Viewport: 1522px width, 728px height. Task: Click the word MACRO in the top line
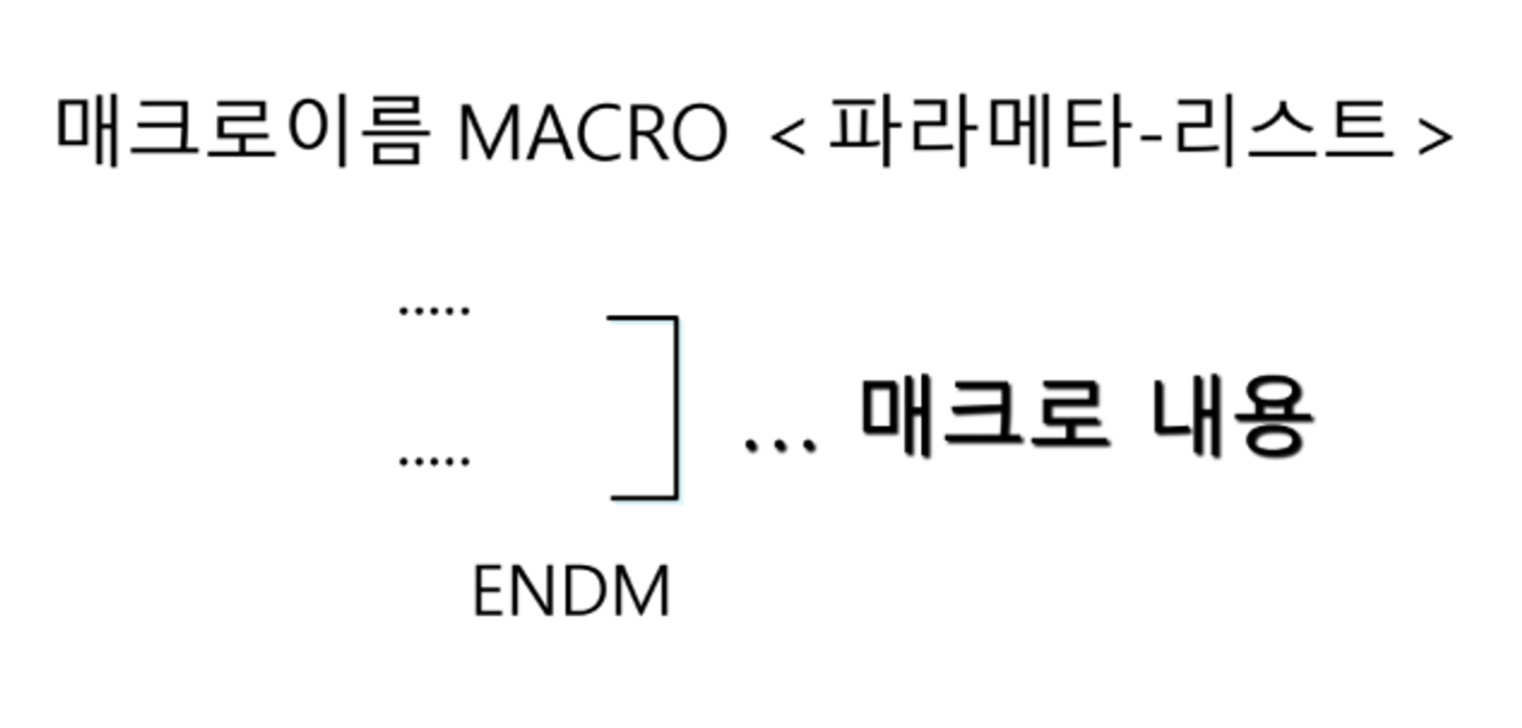tap(593, 132)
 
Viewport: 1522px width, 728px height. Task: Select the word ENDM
tap(571, 592)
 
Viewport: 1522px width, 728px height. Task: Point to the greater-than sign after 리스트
tap(1434, 138)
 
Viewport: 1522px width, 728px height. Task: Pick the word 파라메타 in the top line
tap(981, 132)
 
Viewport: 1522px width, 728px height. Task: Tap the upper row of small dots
tap(434, 310)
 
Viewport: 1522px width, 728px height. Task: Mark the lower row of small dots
tap(434, 461)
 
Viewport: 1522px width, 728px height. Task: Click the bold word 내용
tap(1232, 417)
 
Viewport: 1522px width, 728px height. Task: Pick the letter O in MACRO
tap(694, 132)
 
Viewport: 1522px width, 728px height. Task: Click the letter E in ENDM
tap(489, 592)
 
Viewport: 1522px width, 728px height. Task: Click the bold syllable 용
tap(1272, 417)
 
